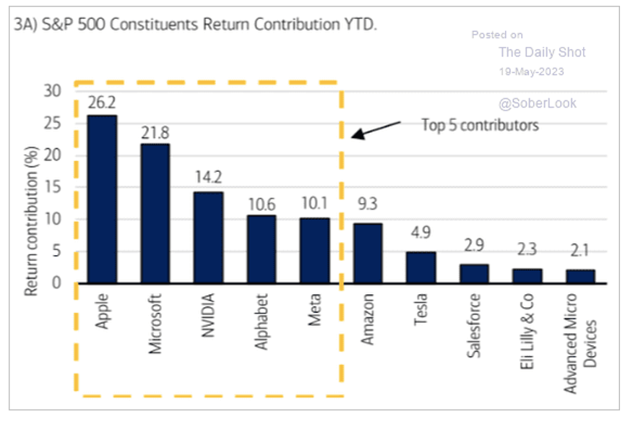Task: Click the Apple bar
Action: (x=102, y=199)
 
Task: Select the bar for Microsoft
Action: (x=155, y=213)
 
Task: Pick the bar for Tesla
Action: (x=421, y=267)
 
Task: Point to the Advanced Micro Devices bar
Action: (x=580, y=276)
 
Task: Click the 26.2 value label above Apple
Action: (x=102, y=104)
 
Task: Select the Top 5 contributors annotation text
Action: (x=481, y=125)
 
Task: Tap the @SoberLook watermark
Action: (x=538, y=103)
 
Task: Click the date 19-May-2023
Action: (x=532, y=72)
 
